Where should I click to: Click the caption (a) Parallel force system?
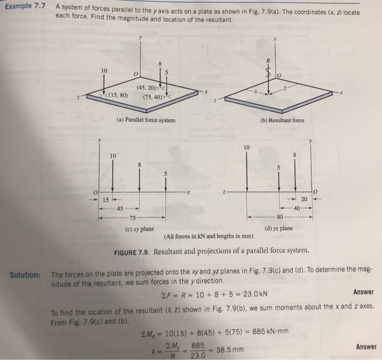[x=146, y=119]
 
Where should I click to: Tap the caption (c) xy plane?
[x=139, y=228]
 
